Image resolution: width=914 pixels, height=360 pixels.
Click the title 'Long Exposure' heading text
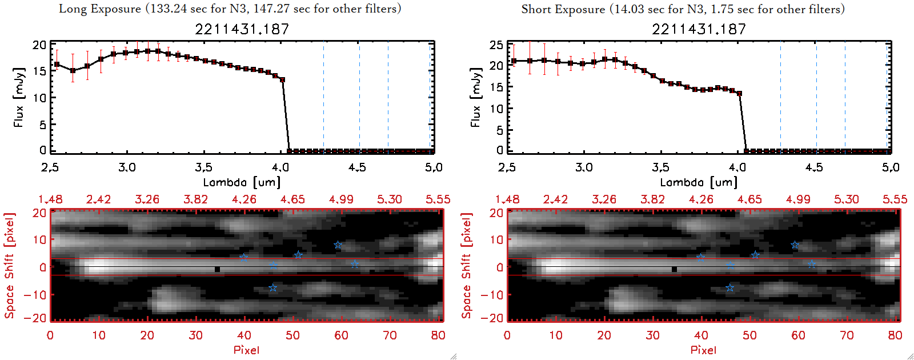click(100, 9)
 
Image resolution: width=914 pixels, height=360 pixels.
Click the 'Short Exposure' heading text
click(563, 9)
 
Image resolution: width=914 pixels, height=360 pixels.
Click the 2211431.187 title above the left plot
click(242, 29)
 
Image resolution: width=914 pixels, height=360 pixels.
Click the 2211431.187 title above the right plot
click(699, 29)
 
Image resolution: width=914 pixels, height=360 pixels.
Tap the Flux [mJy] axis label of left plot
click(19, 97)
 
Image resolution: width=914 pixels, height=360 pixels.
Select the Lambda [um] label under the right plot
click(699, 182)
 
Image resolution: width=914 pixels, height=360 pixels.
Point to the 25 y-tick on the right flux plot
click(496, 45)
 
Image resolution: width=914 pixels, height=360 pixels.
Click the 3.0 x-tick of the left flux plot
click(127, 167)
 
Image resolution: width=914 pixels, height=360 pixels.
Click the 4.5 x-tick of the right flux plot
click(814, 167)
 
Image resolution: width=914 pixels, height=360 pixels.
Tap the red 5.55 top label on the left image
click(438, 199)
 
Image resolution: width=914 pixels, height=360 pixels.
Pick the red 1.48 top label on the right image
click(507, 199)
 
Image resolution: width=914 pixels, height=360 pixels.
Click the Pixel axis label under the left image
click(246, 350)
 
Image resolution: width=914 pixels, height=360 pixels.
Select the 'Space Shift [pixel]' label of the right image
click(467, 266)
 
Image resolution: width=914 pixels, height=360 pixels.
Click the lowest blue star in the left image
click(273, 288)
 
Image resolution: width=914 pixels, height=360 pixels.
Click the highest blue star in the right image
click(795, 245)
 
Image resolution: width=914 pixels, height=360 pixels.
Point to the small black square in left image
click(217, 269)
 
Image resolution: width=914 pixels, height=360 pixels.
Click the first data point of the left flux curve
click(57, 65)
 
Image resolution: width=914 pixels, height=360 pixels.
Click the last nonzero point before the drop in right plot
click(739, 94)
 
